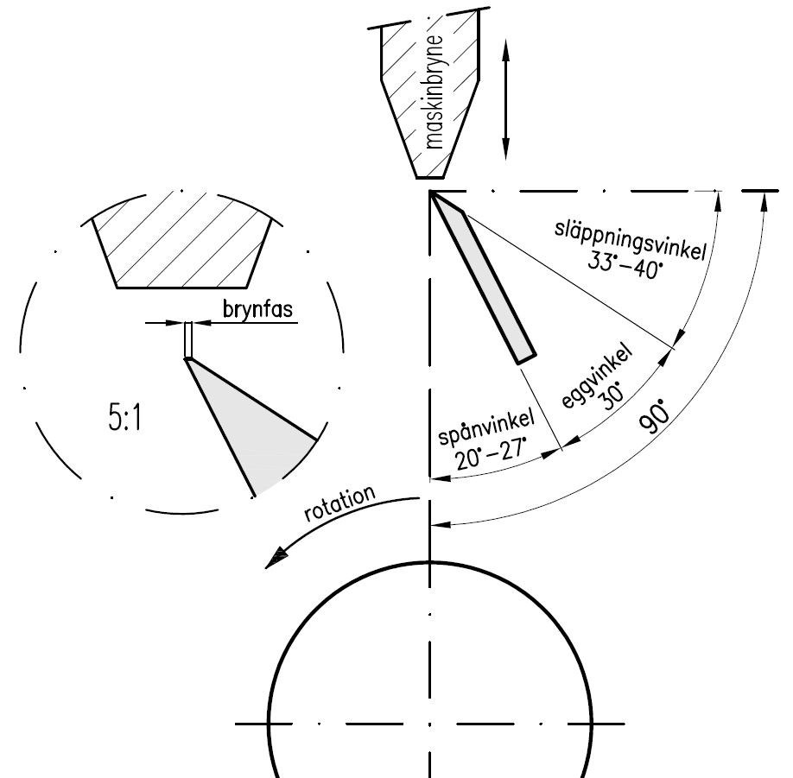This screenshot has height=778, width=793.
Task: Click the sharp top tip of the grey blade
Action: pos(430,192)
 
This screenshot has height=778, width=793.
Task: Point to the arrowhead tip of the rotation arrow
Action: pos(265,568)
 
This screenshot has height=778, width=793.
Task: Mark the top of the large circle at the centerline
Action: pos(430,561)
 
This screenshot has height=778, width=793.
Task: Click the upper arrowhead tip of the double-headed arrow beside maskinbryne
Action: pos(505,39)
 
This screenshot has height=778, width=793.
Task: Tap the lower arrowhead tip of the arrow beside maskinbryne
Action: pos(505,160)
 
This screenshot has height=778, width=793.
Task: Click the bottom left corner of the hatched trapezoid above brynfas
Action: pos(117,288)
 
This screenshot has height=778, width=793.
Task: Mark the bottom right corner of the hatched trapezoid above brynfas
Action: pos(247,288)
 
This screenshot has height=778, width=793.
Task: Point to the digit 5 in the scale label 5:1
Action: pos(115,416)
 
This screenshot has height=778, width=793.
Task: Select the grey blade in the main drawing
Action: pos(482,278)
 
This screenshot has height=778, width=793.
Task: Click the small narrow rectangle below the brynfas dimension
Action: pos(188,339)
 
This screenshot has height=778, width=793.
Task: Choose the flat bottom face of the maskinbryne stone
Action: pos(430,178)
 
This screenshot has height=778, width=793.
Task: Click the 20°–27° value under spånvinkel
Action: pos(490,454)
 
